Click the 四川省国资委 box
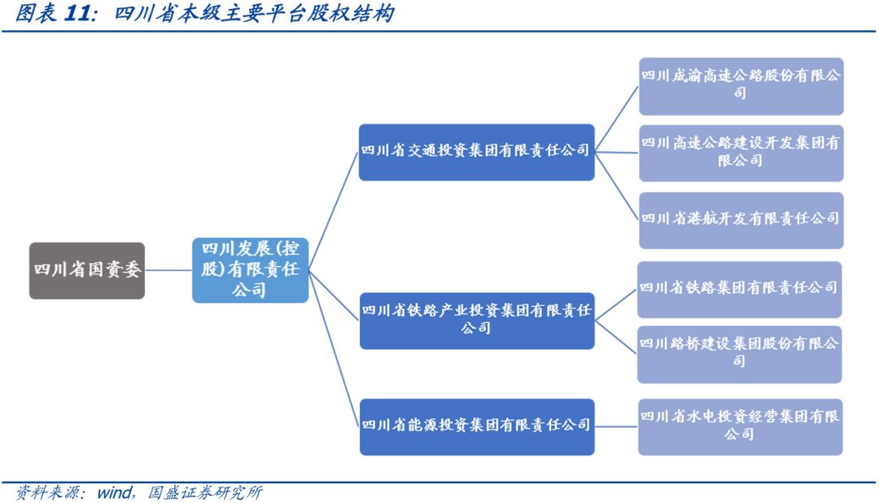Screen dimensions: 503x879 [x=87, y=270]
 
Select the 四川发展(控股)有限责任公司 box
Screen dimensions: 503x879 [x=250, y=269]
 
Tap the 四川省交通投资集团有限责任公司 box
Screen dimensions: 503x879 [x=476, y=151]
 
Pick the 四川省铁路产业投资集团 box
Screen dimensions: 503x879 [x=476, y=320]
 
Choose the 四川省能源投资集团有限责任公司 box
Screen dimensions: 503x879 [x=476, y=426]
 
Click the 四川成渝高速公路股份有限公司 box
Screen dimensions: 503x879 [x=740, y=85]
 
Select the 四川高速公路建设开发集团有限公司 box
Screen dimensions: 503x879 [x=740, y=152]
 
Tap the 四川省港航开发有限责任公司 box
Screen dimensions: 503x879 [x=740, y=219]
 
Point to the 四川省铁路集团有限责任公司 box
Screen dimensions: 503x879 [x=738, y=288]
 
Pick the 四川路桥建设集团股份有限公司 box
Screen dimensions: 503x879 [x=738, y=353]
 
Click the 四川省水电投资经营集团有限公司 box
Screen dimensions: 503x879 [x=739, y=426]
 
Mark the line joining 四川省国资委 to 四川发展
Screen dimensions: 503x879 [x=168, y=270]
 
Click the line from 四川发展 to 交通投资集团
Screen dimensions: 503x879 [x=334, y=212]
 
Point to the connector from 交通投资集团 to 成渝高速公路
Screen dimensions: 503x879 [x=616, y=119]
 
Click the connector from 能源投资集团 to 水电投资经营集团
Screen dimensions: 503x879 [x=616, y=426]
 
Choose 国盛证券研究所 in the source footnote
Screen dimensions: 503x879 [x=204, y=493]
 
